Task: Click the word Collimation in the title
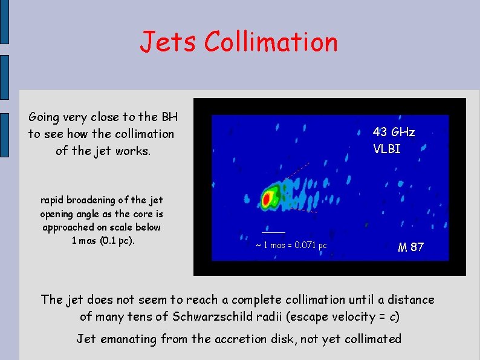click(x=271, y=42)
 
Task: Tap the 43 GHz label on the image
click(x=394, y=132)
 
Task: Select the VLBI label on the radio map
click(x=387, y=149)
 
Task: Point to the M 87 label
click(x=410, y=247)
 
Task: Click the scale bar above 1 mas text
click(x=273, y=232)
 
